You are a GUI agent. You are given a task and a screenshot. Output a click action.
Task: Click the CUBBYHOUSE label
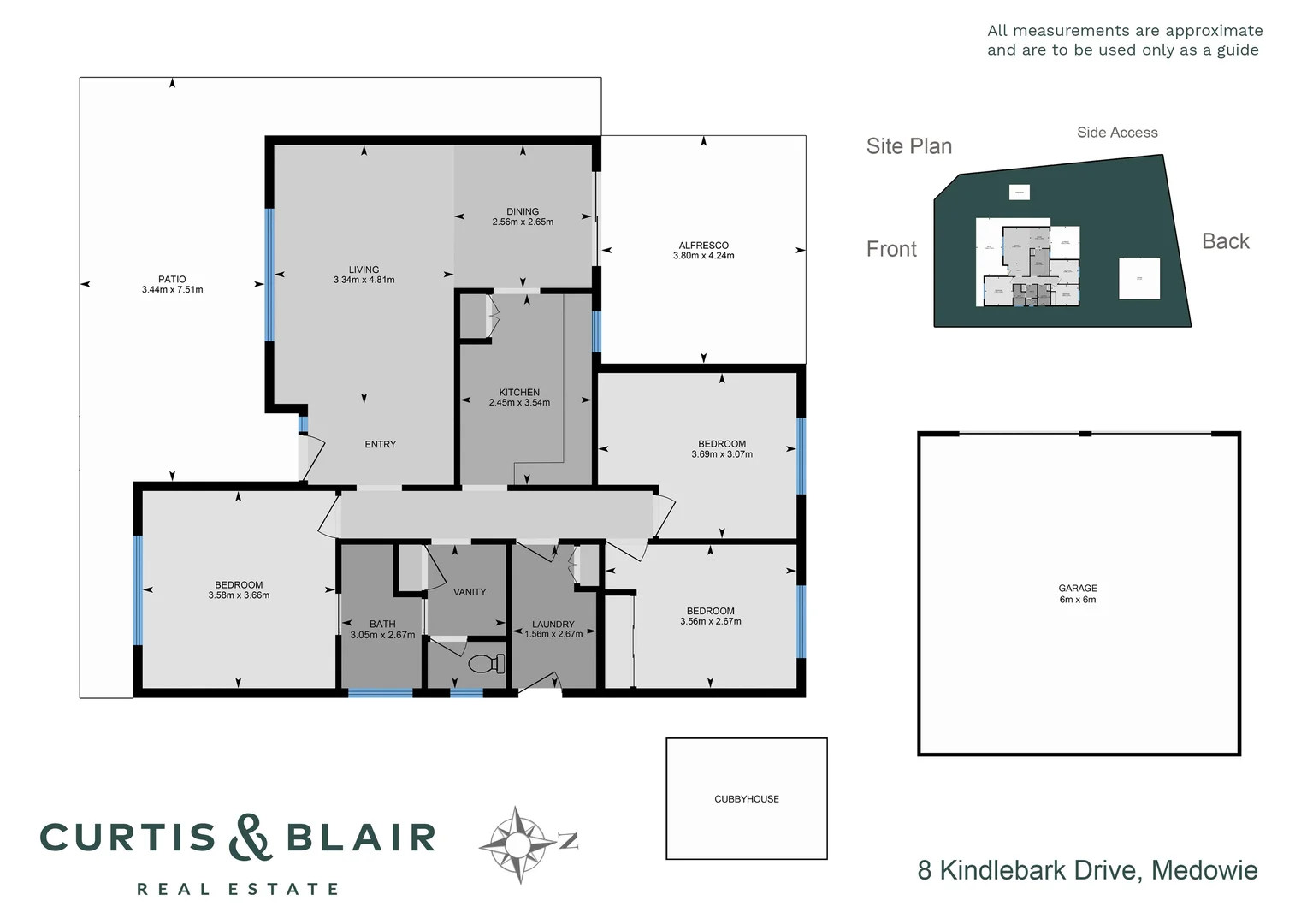pyautogui.click(x=747, y=799)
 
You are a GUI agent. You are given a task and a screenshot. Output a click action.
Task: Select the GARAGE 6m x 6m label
pyautogui.click(x=1078, y=594)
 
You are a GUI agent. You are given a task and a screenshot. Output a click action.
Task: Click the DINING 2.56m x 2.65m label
pyautogui.click(x=523, y=216)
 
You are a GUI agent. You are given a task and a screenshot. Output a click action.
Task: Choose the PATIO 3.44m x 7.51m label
pyautogui.click(x=172, y=284)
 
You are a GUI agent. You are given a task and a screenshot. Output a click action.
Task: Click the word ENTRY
pyautogui.click(x=381, y=444)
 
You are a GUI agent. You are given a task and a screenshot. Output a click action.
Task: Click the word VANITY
pyautogui.click(x=470, y=592)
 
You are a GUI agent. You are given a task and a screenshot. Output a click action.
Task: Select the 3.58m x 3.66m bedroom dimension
pyautogui.click(x=239, y=595)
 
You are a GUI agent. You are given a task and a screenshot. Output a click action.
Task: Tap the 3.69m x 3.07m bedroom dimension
pyautogui.click(x=722, y=454)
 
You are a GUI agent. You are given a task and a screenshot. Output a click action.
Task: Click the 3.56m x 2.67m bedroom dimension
pyautogui.click(x=711, y=621)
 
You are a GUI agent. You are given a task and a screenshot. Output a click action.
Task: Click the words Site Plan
pyautogui.click(x=908, y=146)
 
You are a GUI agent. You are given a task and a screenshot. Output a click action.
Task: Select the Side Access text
pyautogui.click(x=1117, y=133)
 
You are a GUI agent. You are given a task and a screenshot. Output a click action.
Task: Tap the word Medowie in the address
pyautogui.click(x=1204, y=870)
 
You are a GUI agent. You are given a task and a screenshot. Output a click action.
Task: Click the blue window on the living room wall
pyautogui.click(x=269, y=275)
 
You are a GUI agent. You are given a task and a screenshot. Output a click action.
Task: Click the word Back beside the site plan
pyautogui.click(x=1225, y=241)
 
